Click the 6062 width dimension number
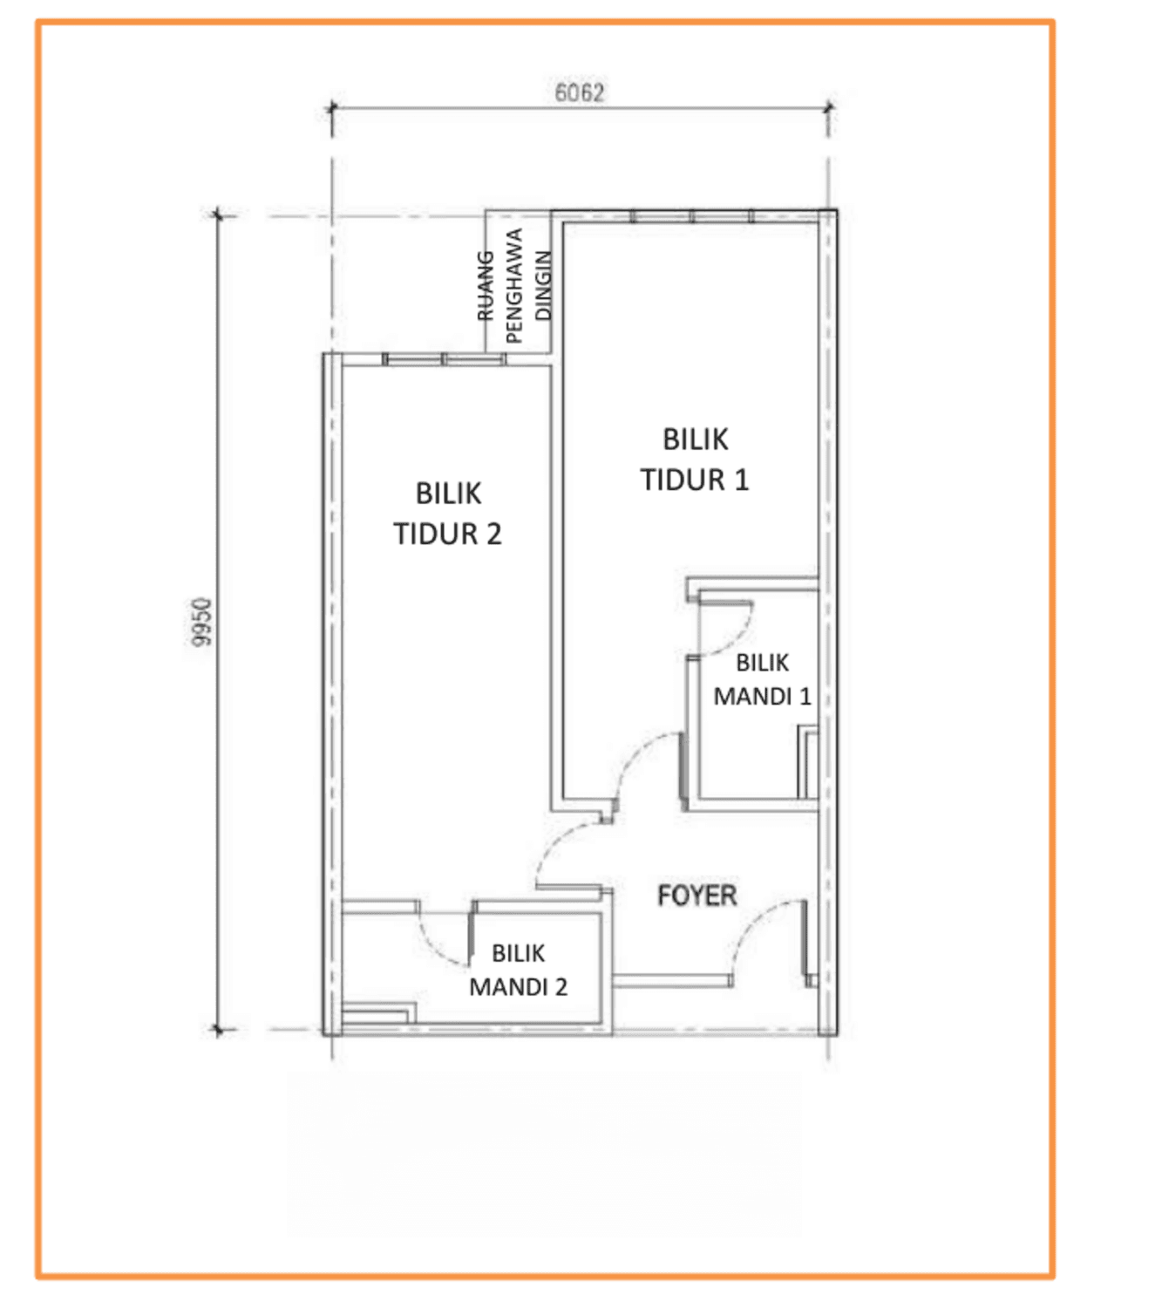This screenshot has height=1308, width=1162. (579, 93)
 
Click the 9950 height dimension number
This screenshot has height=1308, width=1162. (202, 622)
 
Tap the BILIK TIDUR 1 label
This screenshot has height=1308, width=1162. (695, 459)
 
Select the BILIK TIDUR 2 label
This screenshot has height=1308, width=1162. (447, 514)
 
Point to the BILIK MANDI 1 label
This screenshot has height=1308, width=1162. (762, 679)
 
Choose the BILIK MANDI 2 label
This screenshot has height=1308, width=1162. (518, 970)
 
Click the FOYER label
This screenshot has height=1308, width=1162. (697, 896)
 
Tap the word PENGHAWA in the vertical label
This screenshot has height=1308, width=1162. (513, 285)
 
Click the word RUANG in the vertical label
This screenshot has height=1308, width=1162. (485, 285)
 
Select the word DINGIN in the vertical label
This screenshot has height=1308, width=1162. (544, 285)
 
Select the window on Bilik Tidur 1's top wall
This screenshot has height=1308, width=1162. (691, 216)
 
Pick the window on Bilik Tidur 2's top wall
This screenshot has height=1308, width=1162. (445, 359)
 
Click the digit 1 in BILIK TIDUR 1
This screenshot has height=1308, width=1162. (742, 480)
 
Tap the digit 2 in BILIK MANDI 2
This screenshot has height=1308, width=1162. (561, 986)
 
